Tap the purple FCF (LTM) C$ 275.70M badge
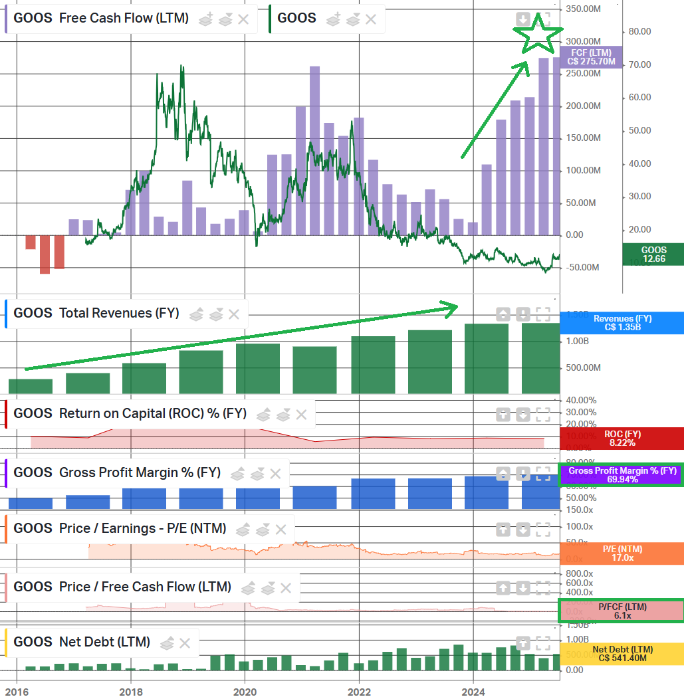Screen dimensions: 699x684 pyautogui.click(x=591, y=56)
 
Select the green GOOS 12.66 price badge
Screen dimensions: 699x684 pyautogui.click(x=653, y=254)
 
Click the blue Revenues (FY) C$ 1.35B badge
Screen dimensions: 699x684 pyautogui.click(x=622, y=323)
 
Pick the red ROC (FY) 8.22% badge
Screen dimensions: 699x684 pyautogui.click(x=622, y=438)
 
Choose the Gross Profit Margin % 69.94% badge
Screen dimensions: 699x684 pyautogui.click(x=622, y=474)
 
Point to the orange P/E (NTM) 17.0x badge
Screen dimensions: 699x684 pyautogui.click(x=622, y=553)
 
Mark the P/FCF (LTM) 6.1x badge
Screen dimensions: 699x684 pyautogui.click(x=622, y=611)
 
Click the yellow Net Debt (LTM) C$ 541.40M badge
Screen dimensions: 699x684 pyautogui.click(x=622, y=654)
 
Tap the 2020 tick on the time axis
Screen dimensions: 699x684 pyautogui.click(x=245, y=691)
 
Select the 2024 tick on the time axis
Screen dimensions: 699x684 pyautogui.click(x=473, y=691)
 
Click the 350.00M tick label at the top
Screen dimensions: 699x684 pyautogui.click(x=583, y=9)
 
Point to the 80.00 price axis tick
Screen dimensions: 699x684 pyautogui.click(x=639, y=32)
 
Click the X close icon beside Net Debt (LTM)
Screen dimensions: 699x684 pyautogui.click(x=185, y=643)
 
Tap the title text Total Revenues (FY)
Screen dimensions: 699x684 pyautogui.click(x=119, y=313)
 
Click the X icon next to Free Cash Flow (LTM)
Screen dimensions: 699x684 pyautogui.click(x=243, y=19)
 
